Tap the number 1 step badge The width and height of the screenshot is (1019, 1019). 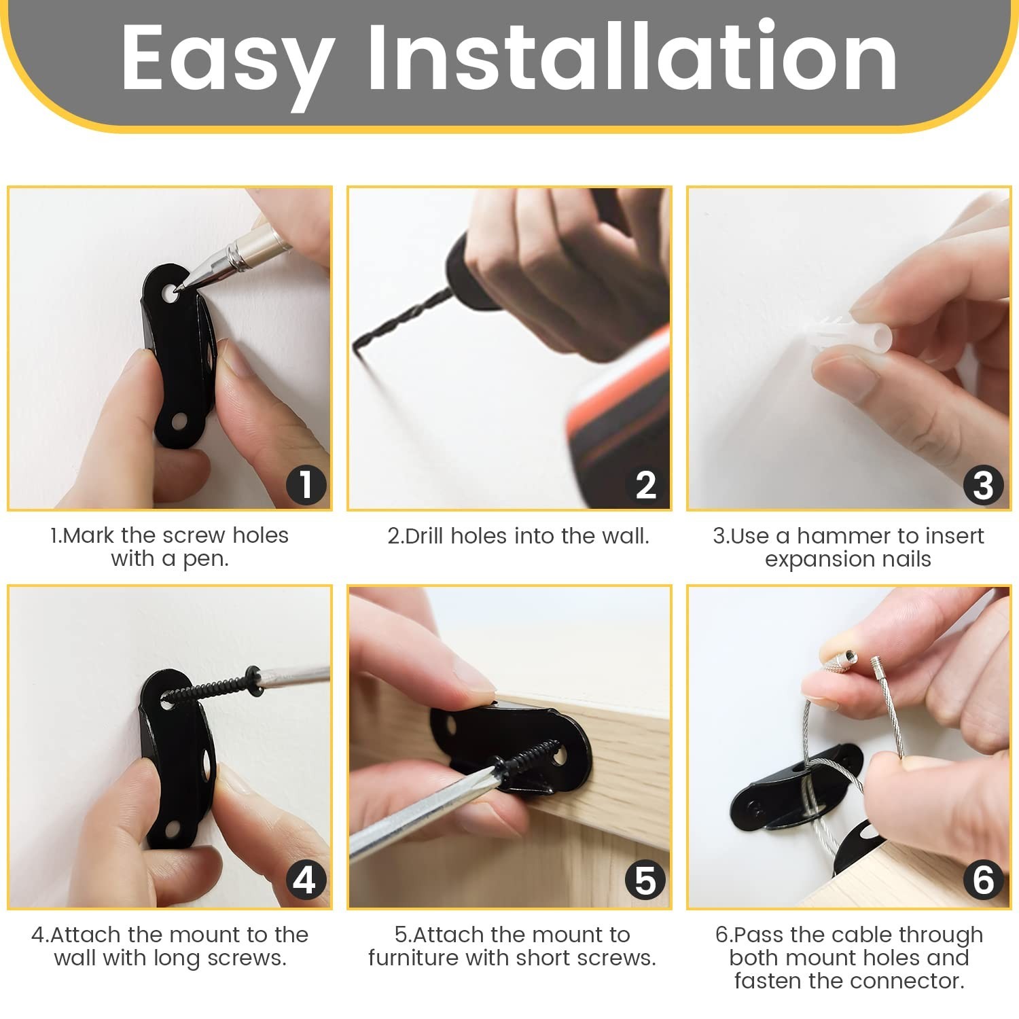(306, 485)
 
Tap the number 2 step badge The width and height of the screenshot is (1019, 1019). (645, 485)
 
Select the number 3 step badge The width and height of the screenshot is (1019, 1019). (983, 485)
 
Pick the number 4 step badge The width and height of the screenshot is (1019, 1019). (306, 880)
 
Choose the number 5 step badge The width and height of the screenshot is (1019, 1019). (645, 880)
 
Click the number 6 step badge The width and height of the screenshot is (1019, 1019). (983, 880)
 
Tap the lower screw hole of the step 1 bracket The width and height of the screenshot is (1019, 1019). (178, 421)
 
